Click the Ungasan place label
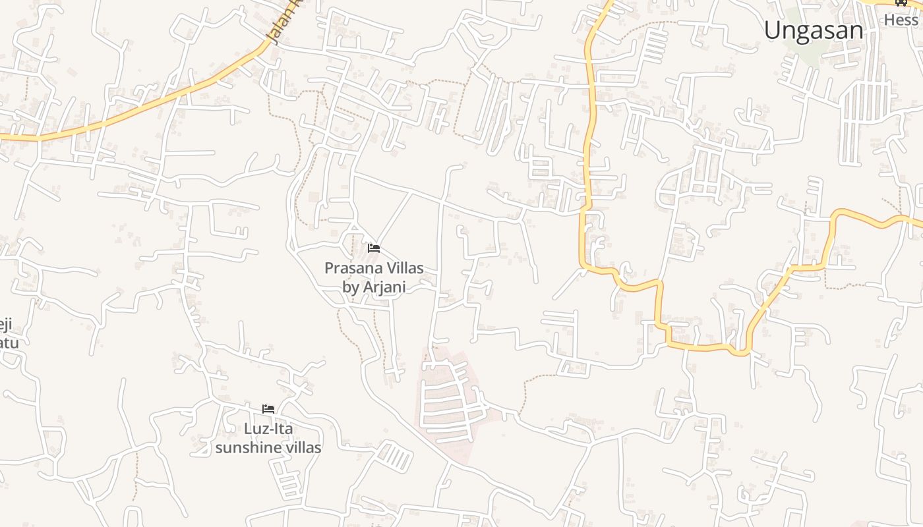click(814, 30)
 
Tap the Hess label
click(901, 20)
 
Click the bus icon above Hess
click(901, 3)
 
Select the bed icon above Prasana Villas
click(374, 248)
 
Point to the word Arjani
click(384, 287)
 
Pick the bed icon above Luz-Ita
click(268, 409)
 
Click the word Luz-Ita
click(268, 429)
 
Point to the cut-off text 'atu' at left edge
click(9, 343)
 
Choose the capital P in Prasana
click(329, 268)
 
